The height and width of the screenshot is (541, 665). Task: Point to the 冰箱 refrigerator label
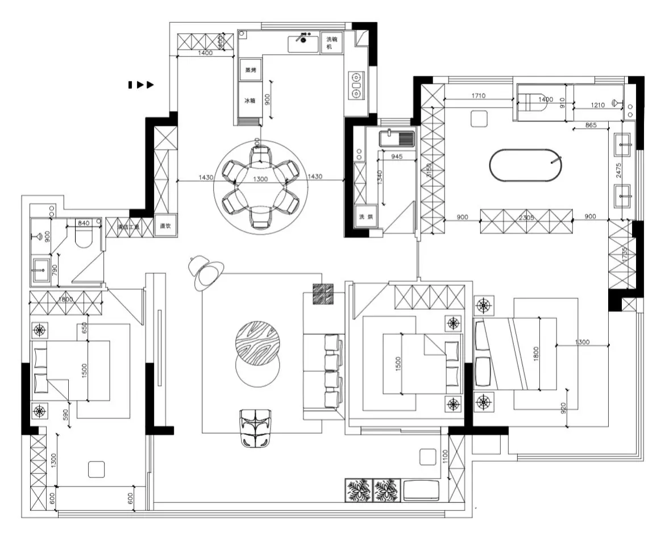tap(250, 101)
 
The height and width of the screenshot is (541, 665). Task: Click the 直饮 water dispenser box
tap(165, 226)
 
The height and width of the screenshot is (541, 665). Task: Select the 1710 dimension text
tap(478, 96)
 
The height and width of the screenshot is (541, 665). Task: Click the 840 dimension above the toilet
tap(84, 223)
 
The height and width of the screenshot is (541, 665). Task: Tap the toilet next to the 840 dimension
tap(83, 239)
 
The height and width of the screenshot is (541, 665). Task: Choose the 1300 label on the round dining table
tap(260, 178)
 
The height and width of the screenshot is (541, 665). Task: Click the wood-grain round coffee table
tap(258, 340)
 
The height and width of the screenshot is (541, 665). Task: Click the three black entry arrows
tap(141, 85)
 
